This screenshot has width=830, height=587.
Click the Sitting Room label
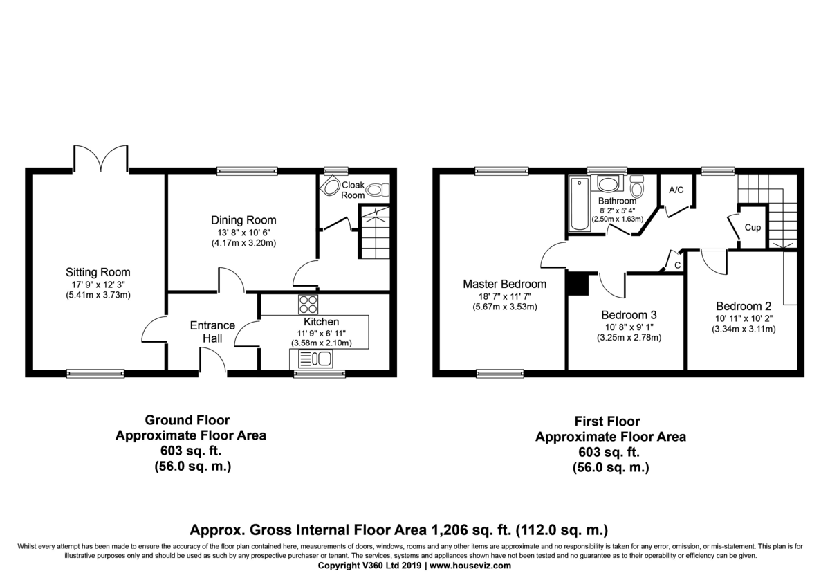point(98,273)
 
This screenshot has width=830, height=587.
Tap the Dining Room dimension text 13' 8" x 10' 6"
point(243,233)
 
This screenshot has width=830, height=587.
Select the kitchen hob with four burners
point(308,305)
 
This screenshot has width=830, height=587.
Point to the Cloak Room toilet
point(378,190)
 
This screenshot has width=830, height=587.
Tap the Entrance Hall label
point(213,332)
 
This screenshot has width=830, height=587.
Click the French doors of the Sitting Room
point(101,159)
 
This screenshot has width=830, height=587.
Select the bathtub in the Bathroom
point(579,204)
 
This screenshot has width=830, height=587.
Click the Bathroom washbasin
point(607,184)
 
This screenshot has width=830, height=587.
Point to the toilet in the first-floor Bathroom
point(637,186)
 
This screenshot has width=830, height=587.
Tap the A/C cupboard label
point(676,190)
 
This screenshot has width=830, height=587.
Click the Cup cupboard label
point(753,227)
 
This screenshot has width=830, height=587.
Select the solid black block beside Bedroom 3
point(578,284)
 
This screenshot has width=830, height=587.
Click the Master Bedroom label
point(505,284)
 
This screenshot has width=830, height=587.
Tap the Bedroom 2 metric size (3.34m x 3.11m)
point(744,329)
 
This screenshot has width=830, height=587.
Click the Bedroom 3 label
point(629,315)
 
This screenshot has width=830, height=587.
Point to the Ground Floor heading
point(187,420)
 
